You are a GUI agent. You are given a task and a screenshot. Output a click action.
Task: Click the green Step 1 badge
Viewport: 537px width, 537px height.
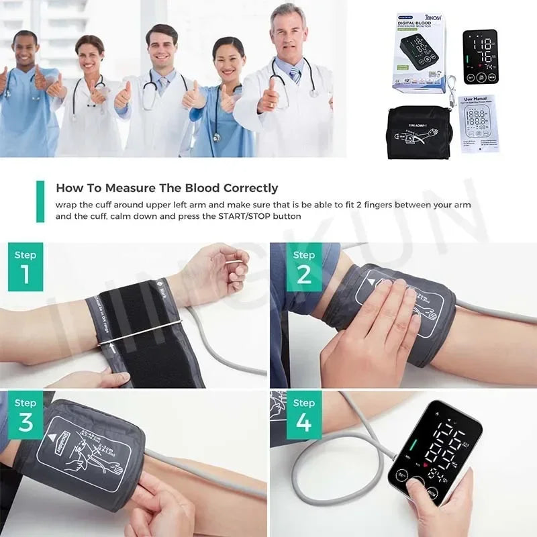[26, 266]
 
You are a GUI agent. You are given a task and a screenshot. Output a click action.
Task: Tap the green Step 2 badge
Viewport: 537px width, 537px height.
[303, 266]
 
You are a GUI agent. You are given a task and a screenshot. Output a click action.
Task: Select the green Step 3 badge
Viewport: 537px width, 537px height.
[26, 414]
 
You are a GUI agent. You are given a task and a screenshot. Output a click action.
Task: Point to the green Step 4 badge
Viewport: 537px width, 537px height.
[303, 414]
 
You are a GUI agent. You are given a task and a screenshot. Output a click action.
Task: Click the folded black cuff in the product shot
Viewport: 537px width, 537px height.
[420, 134]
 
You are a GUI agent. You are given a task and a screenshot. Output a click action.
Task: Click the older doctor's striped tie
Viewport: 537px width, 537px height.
[295, 74]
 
